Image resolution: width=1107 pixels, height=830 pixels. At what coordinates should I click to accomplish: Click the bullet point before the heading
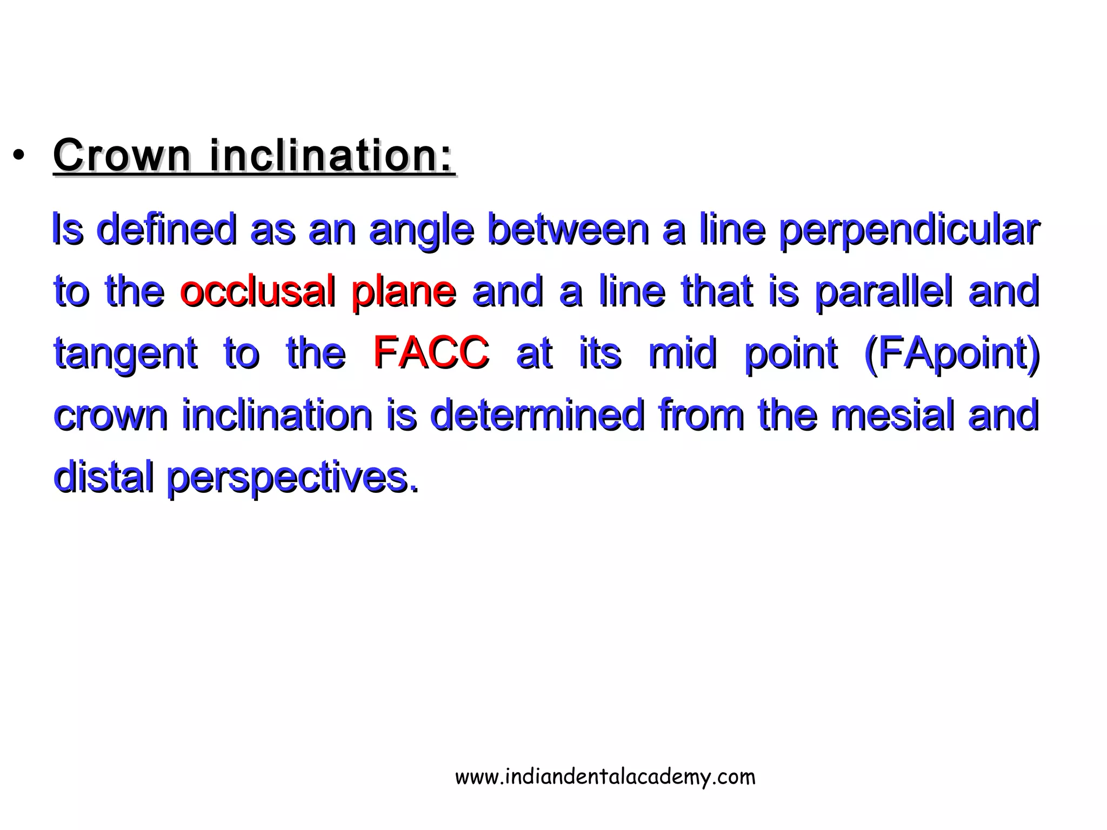click(x=19, y=156)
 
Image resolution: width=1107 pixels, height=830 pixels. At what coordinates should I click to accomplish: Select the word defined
click(x=167, y=229)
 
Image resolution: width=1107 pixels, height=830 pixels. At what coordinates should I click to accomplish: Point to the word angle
click(x=422, y=230)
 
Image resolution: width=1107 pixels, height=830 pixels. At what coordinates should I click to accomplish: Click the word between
click(x=568, y=229)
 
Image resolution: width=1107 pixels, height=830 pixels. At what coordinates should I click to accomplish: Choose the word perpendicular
click(x=909, y=230)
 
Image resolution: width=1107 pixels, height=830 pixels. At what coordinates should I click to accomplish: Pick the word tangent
click(x=125, y=354)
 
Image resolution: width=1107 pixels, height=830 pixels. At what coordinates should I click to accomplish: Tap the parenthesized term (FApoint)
click(x=952, y=353)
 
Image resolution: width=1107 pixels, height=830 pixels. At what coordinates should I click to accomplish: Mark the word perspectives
click(x=292, y=479)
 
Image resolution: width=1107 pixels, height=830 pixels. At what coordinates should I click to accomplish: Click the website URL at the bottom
click(x=605, y=777)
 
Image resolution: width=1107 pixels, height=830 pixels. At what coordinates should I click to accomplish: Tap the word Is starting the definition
click(x=68, y=229)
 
